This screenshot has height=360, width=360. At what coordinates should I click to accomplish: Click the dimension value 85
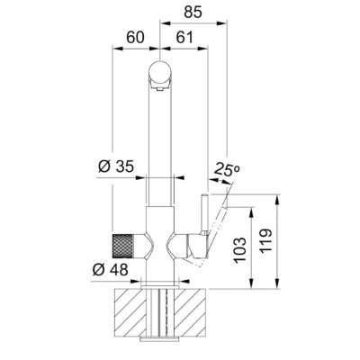click(x=193, y=13)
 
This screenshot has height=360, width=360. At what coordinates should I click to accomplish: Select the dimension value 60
click(x=135, y=38)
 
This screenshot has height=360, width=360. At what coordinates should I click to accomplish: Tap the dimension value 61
click(x=184, y=38)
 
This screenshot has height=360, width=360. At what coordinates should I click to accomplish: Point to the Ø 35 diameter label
click(x=116, y=166)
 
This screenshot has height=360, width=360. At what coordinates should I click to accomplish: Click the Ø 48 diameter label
click(x=111, y=270)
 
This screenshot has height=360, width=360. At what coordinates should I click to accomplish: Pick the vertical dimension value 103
click(x=240, y=250)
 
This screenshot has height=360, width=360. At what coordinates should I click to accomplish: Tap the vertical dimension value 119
click(x=265, y=240)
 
